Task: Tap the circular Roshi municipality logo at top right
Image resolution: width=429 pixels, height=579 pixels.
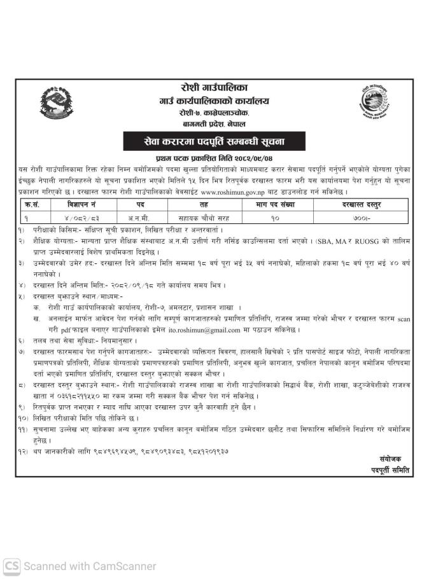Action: click(x=377, y=102)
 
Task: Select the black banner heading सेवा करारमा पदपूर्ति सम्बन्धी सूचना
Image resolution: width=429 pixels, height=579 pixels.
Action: click(x=215, y=141)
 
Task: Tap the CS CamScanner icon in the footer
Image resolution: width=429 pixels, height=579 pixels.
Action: click(x=11, y=566)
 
